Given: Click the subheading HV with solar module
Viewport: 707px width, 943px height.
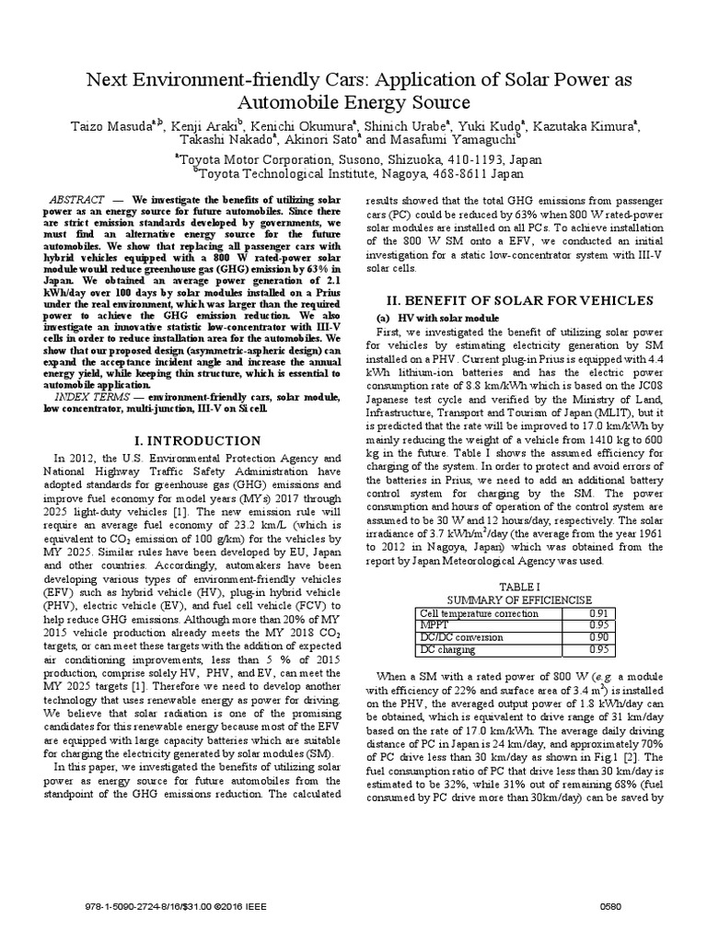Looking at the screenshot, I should click(x=447, y=318).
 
